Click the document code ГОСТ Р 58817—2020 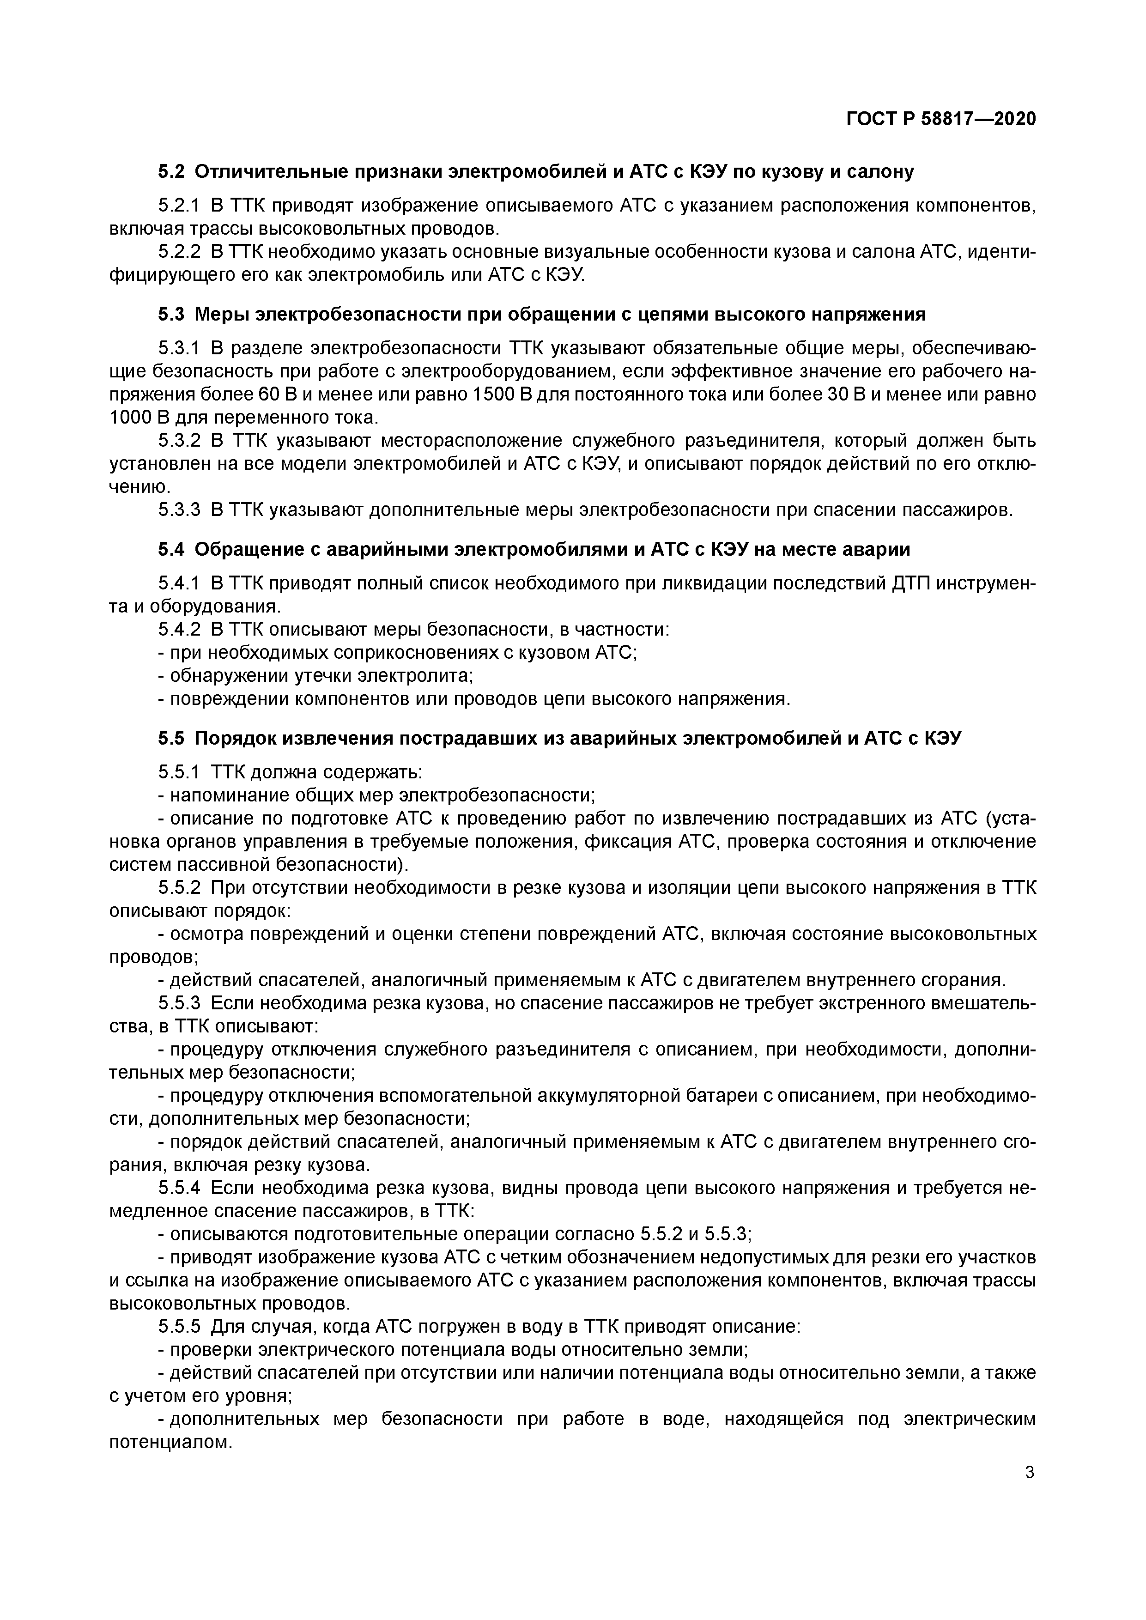click(940, 119)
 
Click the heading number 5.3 click(171, 314)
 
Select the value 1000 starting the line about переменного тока click(131, 418)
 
